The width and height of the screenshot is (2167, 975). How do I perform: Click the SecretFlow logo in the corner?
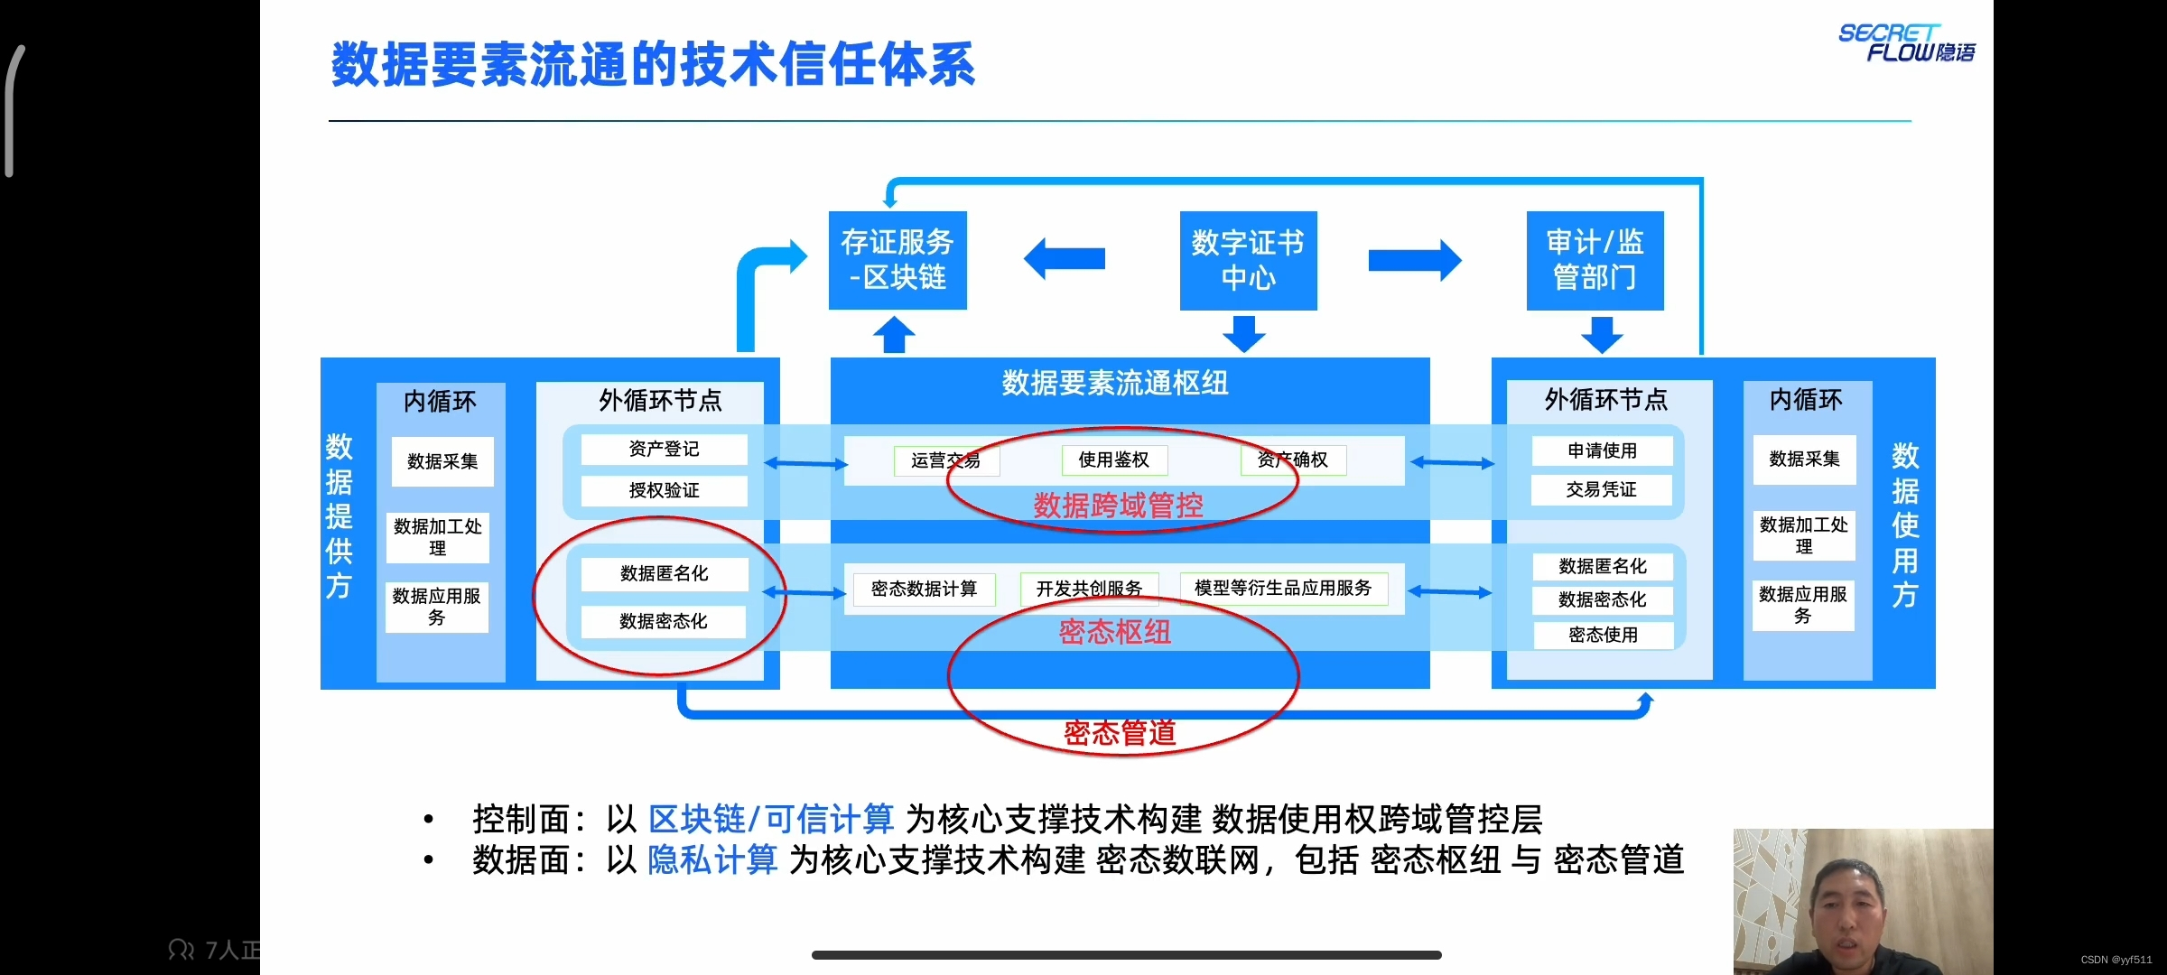[1906, 42]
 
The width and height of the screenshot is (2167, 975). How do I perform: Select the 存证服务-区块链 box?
[897, 260]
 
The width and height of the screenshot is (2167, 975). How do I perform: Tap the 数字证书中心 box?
[1248, 260]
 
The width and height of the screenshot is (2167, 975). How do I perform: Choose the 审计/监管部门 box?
[1595, 260]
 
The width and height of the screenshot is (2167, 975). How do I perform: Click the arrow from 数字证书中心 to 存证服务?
[1065, 259]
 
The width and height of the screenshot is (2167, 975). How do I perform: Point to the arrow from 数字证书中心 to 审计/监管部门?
[1414, 260]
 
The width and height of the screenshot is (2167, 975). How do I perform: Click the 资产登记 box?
[664, 449]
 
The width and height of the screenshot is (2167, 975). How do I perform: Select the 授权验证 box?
[664, 490]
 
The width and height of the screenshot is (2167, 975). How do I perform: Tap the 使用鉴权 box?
[1113, 460]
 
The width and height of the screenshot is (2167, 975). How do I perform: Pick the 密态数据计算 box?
[924, 589]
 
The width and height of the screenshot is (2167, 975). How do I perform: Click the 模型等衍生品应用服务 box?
[1283, 589]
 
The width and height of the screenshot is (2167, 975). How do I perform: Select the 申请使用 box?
[1602, 450]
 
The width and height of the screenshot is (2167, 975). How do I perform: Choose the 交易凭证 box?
[1601, 489]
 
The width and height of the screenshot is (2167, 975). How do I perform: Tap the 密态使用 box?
[1603, 635]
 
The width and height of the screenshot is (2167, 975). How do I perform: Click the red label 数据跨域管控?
[1118, 506]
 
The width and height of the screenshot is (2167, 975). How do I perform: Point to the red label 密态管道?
[1120, 732]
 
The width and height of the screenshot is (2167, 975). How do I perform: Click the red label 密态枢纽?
[1115, 632]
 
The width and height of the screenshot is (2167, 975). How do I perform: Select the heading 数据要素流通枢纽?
[1115, 383]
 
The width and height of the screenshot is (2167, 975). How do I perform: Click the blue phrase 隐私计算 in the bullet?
[712, 859]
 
